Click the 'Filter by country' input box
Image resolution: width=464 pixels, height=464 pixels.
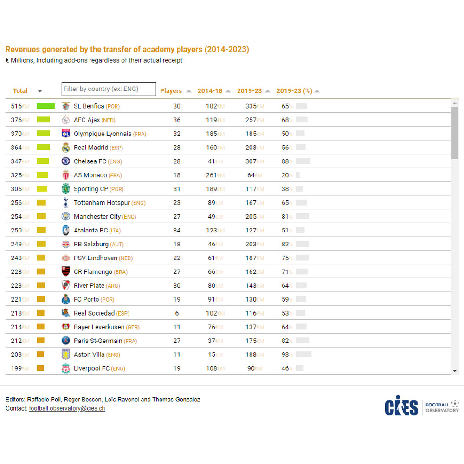pos(109,89)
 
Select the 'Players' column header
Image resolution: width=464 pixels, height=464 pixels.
pos(171,91)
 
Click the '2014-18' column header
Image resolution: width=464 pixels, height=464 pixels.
pos(210,91)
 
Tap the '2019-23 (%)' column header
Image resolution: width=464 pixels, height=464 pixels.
pos(294,91)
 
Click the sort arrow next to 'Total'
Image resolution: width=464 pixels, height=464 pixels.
pos(40,91)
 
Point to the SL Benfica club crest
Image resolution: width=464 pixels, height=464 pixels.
pos(66,106)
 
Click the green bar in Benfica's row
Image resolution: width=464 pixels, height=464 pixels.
pos(46,106)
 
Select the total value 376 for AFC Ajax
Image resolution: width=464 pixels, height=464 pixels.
pos(17,120)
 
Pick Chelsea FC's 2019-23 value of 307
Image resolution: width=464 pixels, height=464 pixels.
pos(251,161)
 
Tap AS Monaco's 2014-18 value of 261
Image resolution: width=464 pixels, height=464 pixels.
pos(212,175)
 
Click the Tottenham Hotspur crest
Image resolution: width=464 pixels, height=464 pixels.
pos(66,203)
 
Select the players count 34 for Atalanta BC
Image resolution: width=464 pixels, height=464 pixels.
pos(177,230)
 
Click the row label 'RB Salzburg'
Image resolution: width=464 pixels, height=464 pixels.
pos(91,244)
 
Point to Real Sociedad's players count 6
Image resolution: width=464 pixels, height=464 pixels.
pos(177,313)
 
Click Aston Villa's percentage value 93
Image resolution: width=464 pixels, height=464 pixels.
pos(285,354)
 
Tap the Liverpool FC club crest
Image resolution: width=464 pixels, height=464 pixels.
pos(66,368)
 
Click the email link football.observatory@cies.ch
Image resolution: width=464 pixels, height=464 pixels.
pos(67,409)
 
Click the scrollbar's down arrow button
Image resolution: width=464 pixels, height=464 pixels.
pos(455,371)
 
